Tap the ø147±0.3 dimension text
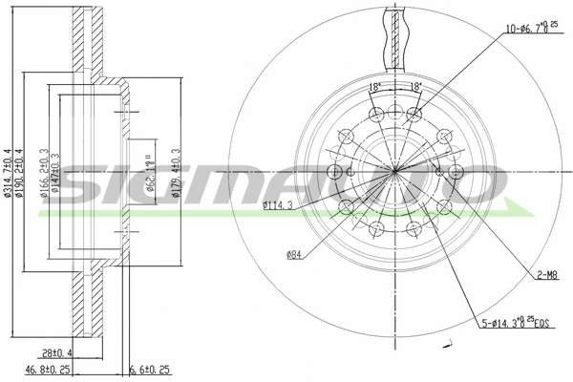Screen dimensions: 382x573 coord(56,172)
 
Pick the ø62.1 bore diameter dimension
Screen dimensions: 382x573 coord(151,172)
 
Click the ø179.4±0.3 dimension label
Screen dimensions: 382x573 coord(177,172)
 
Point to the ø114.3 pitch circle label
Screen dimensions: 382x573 coord(277,205)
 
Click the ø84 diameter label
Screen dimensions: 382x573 coord(294,254)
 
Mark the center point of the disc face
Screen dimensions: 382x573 coord(395,171)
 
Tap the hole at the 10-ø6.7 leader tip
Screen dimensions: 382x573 coord(414,115)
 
